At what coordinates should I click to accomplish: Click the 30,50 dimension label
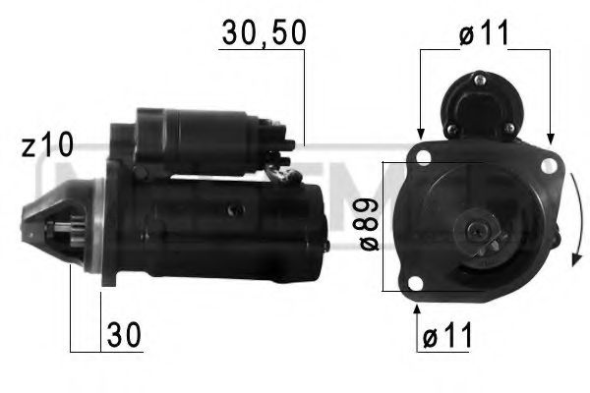tap(263, 33)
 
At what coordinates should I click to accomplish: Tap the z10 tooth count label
tap(47, 146)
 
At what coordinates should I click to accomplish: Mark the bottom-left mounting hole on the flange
tap(417, 286)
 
